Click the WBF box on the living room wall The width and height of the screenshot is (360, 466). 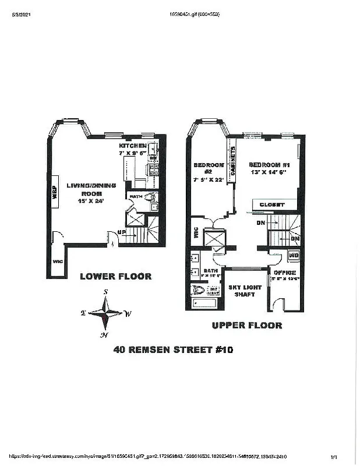click(x=55, y=193)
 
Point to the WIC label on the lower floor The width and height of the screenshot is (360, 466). click(x=57, y=262)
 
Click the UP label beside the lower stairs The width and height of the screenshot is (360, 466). click(x=121, y=232)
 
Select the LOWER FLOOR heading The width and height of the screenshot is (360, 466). click(x=116, y=276)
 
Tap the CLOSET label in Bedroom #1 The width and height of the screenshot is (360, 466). click(x=272, y=204)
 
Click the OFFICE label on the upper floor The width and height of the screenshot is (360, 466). click(x=285, y=273)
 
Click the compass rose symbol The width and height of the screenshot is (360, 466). click(x=106, y=312)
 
